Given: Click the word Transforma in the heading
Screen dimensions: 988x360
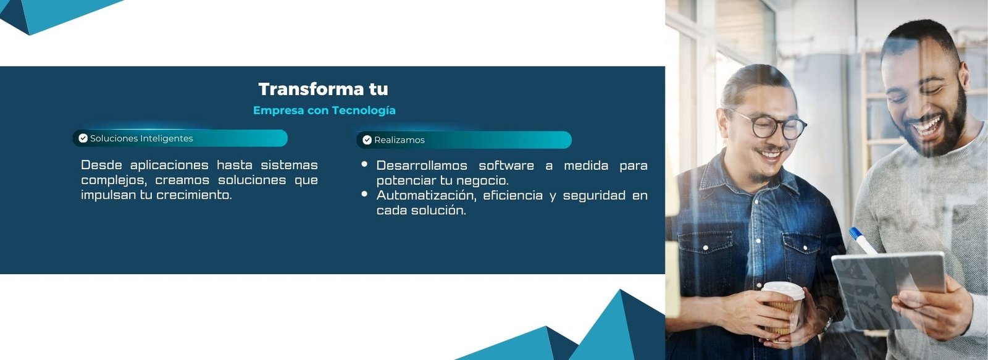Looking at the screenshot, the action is pos(311,89).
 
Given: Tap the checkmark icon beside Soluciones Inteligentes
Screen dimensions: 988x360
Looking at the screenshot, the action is pos(83,138).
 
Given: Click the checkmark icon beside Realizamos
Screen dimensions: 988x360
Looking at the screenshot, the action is pos(367,140).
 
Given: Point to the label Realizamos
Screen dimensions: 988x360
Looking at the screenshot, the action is pos(399,140).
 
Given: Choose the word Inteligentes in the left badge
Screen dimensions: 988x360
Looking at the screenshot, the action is pos(167,138).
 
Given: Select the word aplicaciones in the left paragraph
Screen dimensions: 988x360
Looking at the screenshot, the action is pos(169,165).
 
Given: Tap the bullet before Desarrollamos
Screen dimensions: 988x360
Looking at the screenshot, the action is pos(364,164).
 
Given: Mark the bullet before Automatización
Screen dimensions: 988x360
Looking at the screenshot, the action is pos(364,194).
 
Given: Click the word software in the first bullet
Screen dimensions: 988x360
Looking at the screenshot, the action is pos(506,166).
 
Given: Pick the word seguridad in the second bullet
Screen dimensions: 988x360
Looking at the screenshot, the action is pos(594,196).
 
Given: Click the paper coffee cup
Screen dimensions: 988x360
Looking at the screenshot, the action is pos(782,309).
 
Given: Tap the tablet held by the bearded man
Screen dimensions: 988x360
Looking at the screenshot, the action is pos(889,289).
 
